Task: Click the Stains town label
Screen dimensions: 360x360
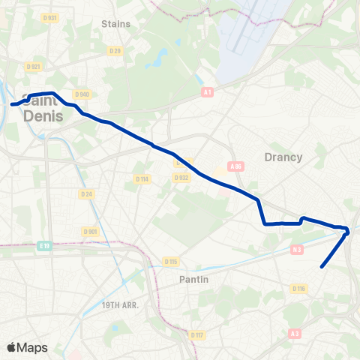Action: pyautogui.click(x=115, y=23)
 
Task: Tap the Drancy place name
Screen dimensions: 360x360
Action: pyautogui.click(x=283, y=157)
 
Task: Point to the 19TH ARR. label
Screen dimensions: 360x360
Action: pyautogui.click(x=121, y=305)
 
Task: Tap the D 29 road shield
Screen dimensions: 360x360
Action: pyautogui.click(x=115, y=50)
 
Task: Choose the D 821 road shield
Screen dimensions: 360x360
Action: pyautogui.click(x=34, y=67)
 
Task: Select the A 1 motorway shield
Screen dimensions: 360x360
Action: pyautogui.click(x=208, y=92)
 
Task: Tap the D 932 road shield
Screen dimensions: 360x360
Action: pyautogui.click(x=181, y=178)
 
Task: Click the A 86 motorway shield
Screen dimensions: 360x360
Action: pyautogui.click(x=236, y=166)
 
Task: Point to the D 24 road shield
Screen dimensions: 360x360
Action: pyautogui.click(x=87, y=193)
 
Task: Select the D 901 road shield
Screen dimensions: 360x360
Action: pyautogui.click(x=91, y=232)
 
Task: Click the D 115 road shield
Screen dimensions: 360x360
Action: pyautogui.click(x=170, y=261)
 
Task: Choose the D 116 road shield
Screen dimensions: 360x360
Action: pyautogui.click(x=298, y=289)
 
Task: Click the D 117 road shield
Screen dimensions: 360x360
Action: pyautogui.click(x=196, y=335)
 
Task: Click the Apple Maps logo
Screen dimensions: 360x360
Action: pyautogui.click(x=27, y=347)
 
